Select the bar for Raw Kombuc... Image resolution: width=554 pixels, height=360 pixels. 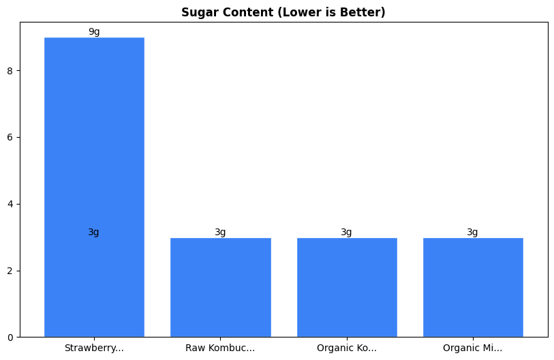point(220,287)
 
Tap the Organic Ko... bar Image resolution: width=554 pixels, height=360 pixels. point(347,287)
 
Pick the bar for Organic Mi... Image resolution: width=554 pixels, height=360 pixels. point(473,287)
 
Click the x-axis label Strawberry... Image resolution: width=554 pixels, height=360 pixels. point(94,348)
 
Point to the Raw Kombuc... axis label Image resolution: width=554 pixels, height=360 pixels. point(220,348)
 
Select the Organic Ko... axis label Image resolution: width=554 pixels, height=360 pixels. point(347,348)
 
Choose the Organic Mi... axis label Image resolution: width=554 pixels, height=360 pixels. point(473,348)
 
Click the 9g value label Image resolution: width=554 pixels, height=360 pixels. point(94,32)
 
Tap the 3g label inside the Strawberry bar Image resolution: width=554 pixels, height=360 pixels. point(94,232)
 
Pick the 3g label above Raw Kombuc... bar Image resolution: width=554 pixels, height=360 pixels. point(220,232)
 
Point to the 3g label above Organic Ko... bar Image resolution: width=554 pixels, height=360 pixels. point(347,232)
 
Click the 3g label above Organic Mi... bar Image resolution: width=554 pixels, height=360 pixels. point(473,232)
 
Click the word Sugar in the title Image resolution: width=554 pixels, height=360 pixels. point(196,12)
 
